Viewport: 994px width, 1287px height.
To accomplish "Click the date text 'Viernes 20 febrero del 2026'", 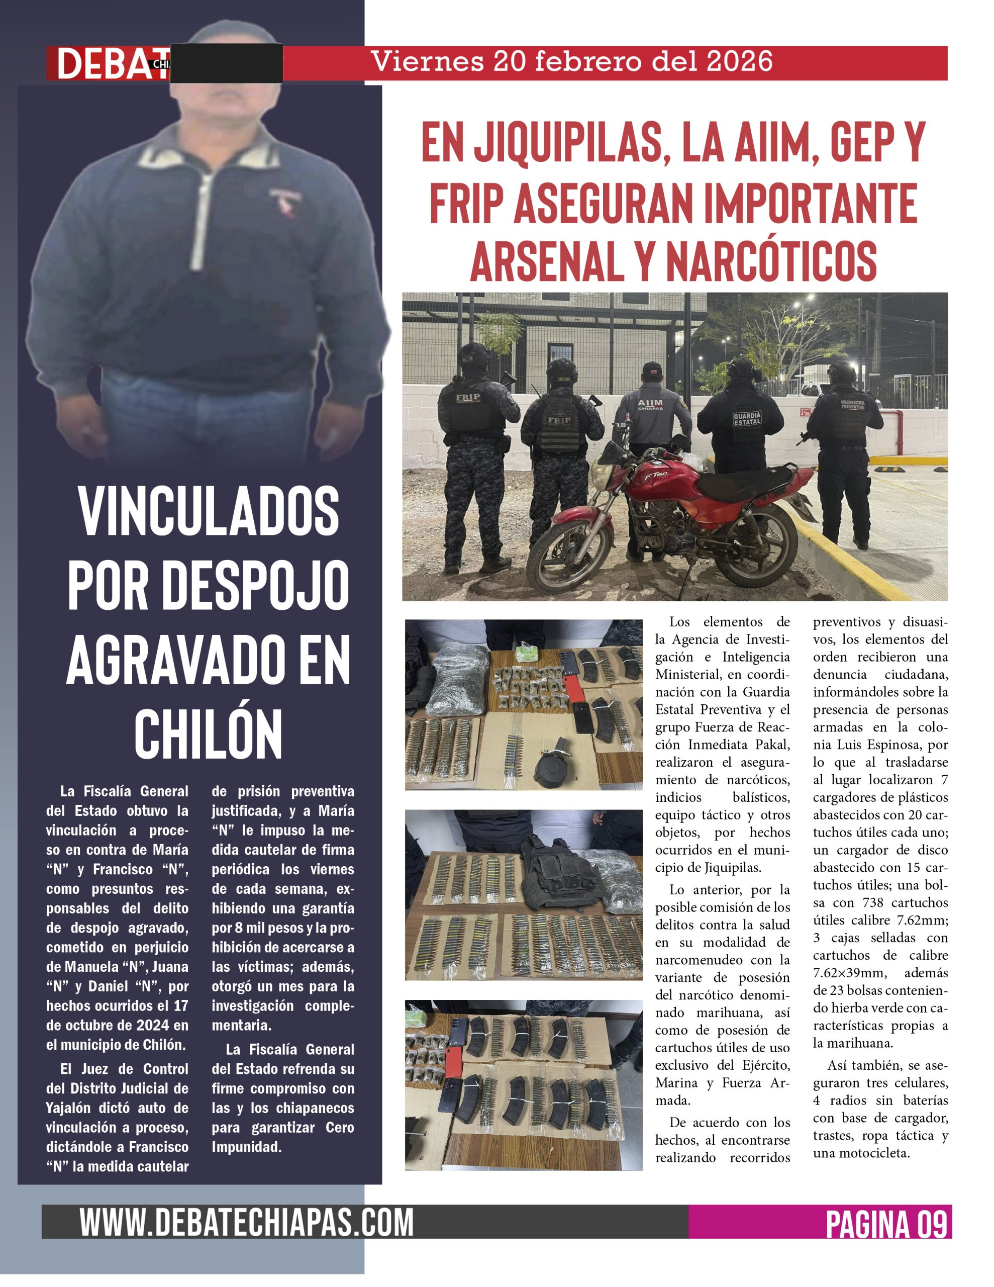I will click(x=571, y=62).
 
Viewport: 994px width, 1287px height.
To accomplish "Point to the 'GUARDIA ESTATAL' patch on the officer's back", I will click(x=747, y=419).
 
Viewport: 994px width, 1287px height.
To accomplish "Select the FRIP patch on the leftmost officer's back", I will click(x=468, y=397).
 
